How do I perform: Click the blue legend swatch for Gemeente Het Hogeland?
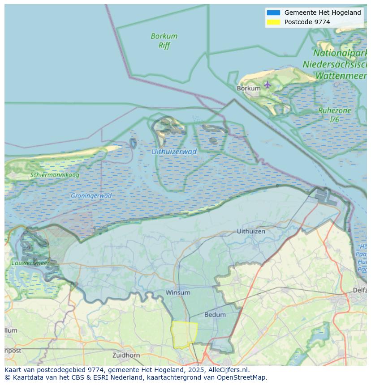(x=273, y=13)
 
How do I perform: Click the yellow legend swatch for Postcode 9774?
(x=273, y=22)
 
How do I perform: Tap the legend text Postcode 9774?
(x=307, y=22)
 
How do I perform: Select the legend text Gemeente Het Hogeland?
(x=322, y=13)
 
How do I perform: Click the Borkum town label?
(x=248, y=89)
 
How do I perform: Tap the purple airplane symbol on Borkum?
(x=267, y=84)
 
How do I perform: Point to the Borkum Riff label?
(x=164, y=41)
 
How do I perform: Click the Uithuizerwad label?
(x=174, y=152)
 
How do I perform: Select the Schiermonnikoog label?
(x=55, y=175)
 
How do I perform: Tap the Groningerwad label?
(x=91, y=196)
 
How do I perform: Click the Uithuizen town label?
(x=250, y=231)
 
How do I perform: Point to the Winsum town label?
(x=178, y=292)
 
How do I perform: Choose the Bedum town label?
(x=215, y=315)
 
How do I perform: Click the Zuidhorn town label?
(x=126, y=355)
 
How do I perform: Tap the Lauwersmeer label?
(x=30, y=263)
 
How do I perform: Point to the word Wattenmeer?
(x=341, y=76)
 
